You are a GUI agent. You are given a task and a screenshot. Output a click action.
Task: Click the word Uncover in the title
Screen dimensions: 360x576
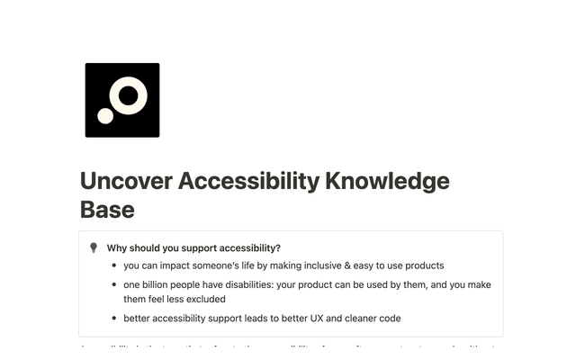tap(124, 181)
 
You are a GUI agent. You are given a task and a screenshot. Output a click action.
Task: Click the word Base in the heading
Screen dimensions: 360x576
tap(107, 210)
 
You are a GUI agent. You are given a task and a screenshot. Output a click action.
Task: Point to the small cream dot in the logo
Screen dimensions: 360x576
tap(105, 115)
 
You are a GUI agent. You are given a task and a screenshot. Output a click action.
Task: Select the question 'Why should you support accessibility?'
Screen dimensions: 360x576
tap(193, 248)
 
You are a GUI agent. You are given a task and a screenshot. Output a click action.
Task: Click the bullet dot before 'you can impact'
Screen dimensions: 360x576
tap(112, 266)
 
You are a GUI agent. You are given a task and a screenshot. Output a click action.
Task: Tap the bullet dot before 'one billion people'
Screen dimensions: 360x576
tap(112, 285)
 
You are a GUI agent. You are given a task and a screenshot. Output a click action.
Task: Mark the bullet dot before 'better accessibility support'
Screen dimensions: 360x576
tap(112, 319)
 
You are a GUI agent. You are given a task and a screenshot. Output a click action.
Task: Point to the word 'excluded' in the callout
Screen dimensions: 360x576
tap(204, 299)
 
